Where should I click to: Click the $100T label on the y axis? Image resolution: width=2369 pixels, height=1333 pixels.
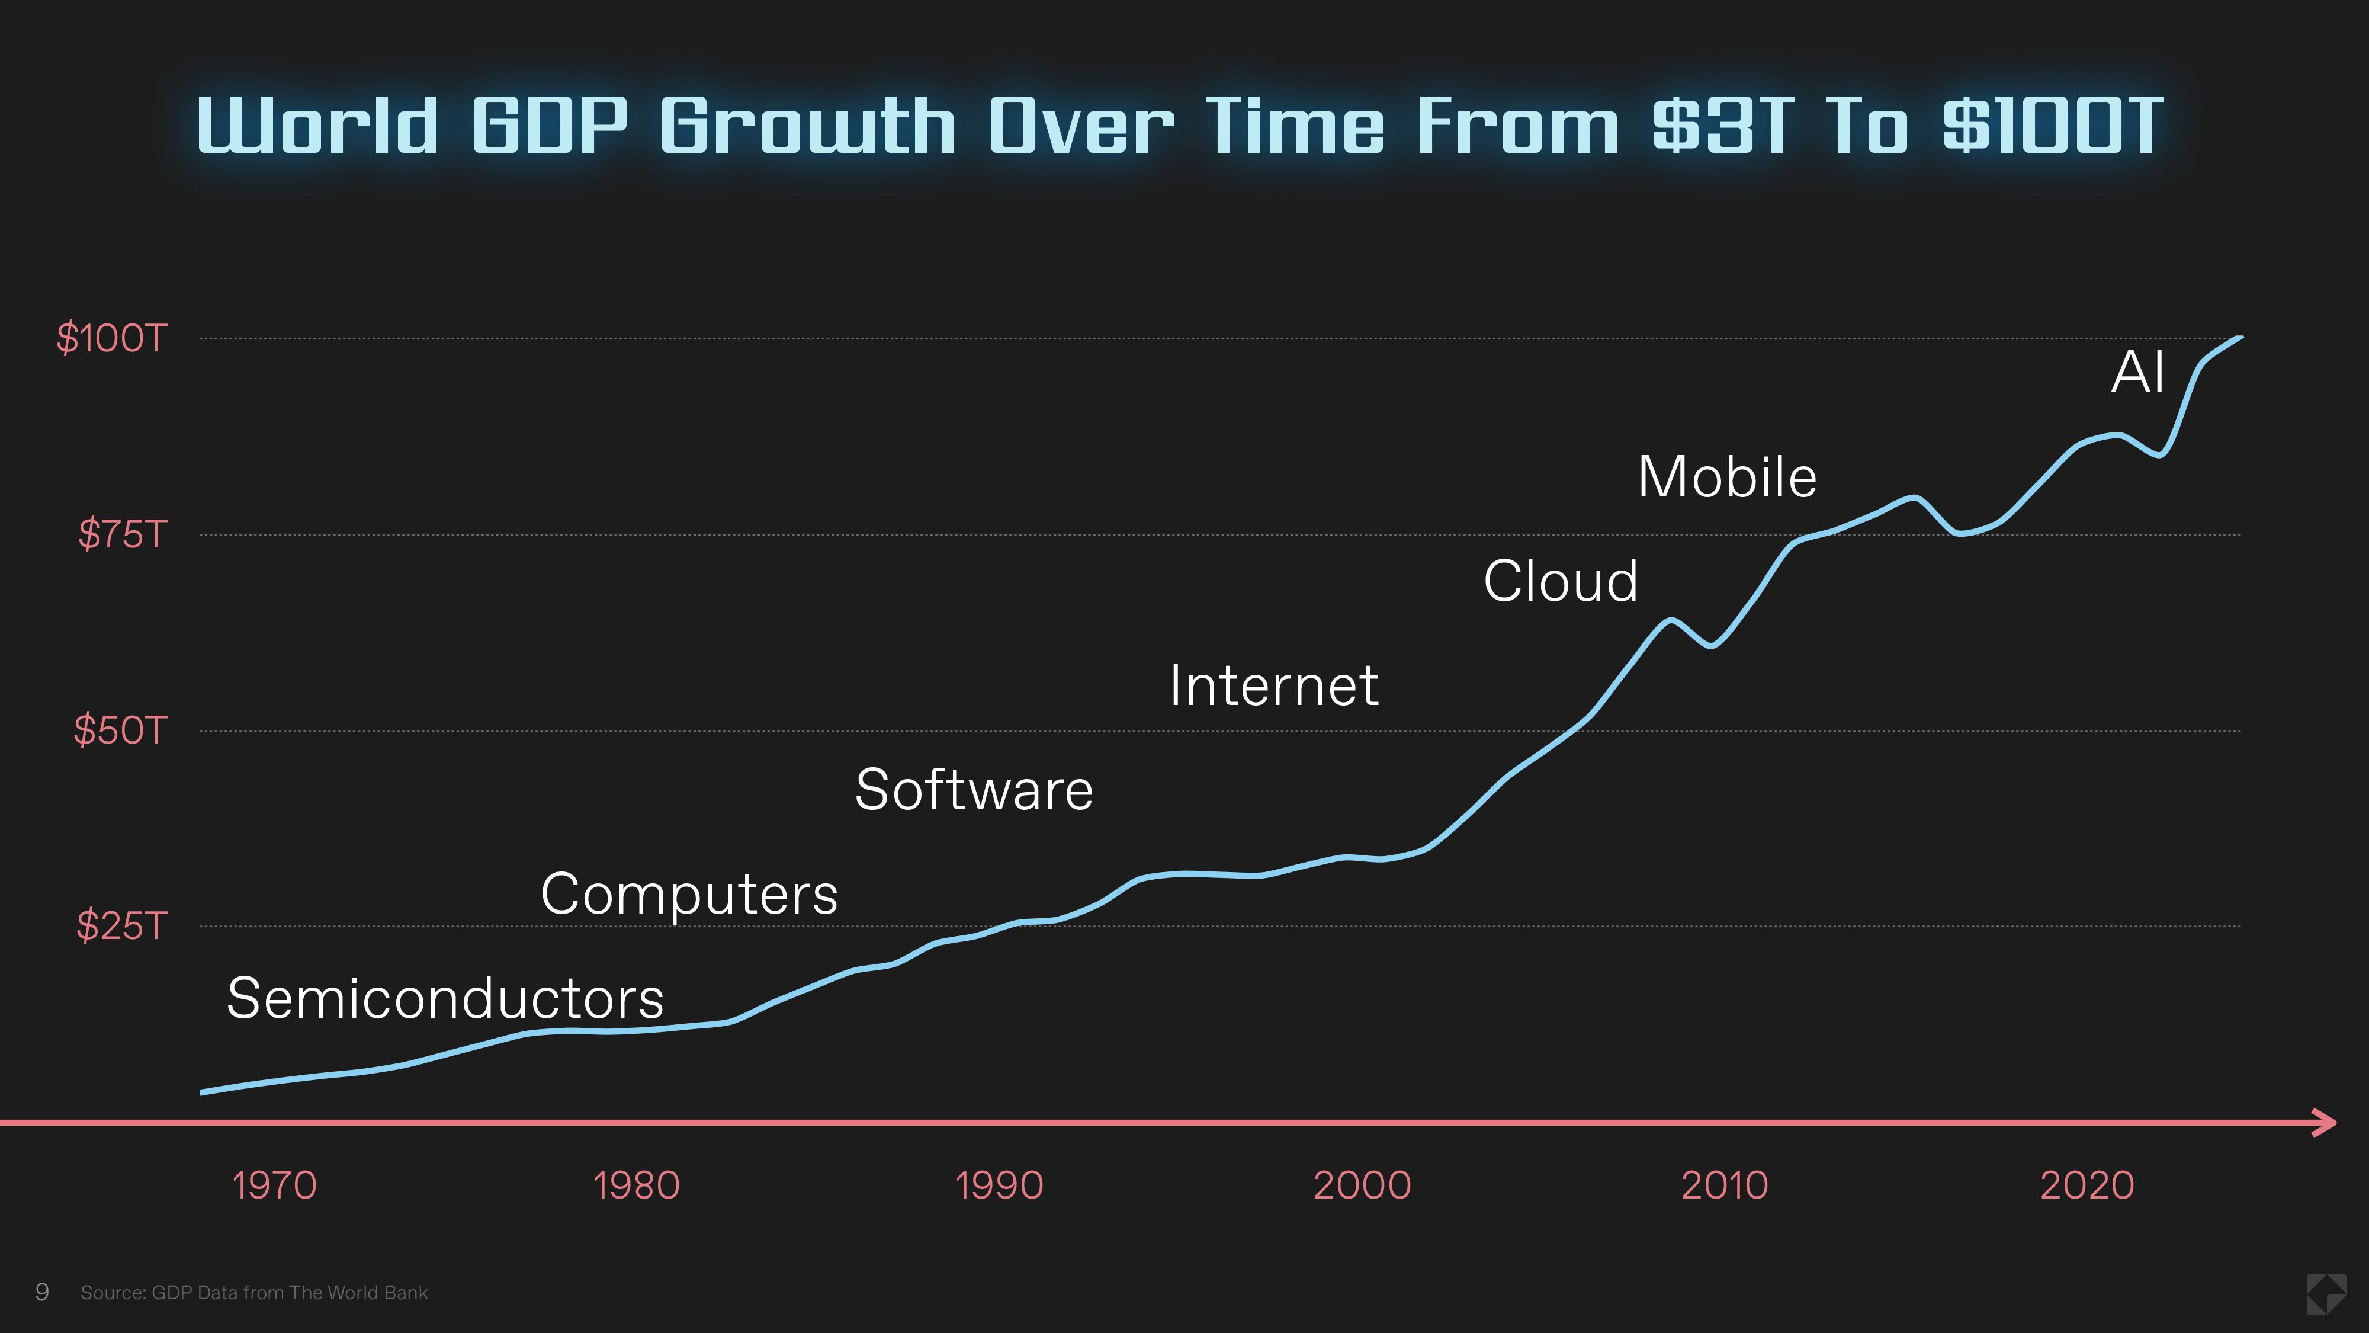[x=111, y=338]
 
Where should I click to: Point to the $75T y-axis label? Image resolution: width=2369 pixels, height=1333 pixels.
[x=123, y=534]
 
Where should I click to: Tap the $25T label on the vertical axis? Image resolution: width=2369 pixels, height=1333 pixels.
[x=121, y=925]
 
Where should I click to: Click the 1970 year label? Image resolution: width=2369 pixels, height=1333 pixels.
[x=274, y=1185]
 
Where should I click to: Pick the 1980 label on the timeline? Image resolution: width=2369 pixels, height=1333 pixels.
[x=637, y=1185]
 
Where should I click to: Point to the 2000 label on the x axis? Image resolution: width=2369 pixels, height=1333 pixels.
[x=1362, y=1185]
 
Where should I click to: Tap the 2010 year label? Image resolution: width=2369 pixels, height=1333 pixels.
[x=1724, y=1185]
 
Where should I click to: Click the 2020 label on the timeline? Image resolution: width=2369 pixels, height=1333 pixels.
[x=2086, y=1185]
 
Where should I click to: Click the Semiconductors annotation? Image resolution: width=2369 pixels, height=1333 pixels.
[x=445, y=998]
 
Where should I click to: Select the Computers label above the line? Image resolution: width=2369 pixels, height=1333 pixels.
[x=689, y=894]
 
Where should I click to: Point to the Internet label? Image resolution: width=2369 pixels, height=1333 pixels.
[x=1274, y=685]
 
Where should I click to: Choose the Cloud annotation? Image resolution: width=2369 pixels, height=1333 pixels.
[x=1561, y=581]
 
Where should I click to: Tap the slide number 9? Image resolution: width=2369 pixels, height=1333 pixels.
[x=41, y=1293]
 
